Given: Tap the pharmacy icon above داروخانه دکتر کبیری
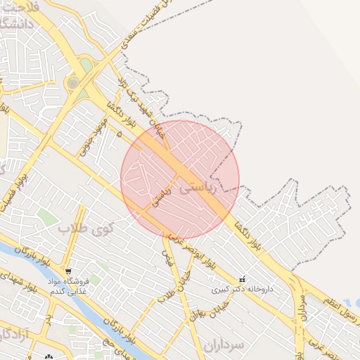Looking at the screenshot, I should pos(243,278).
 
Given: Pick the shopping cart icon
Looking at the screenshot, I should pos(67,271).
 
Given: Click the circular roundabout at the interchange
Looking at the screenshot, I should pos(73,84).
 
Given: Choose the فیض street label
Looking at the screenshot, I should pos(167,257).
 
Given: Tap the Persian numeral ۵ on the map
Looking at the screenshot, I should pos(120,132).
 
